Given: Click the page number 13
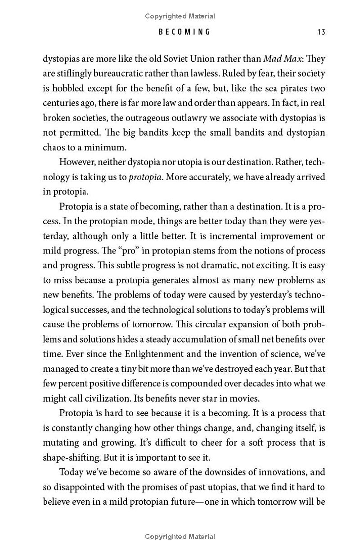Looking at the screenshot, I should pyautogui.click(x=321, y=32).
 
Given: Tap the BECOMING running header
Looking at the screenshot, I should pyautogui.click(x=184, y=32).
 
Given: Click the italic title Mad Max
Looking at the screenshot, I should pyautogui.click(x=283, y=59).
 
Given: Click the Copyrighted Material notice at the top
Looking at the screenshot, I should pyautogui.click(x=180, y=17).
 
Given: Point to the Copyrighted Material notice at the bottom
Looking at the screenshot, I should pyautogui.click(x=180, y=537).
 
